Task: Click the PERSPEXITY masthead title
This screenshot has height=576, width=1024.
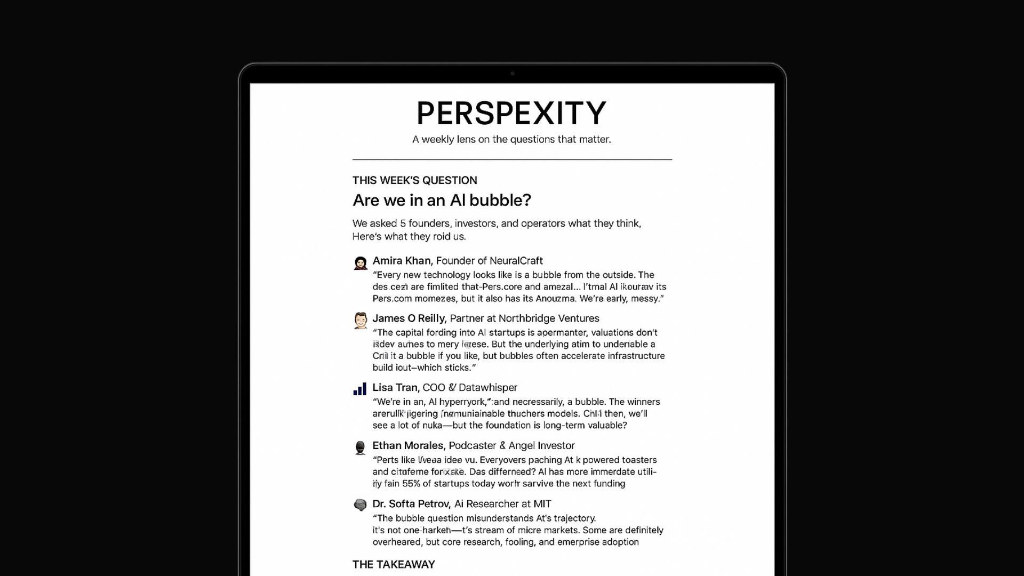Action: click(x=511, y=113)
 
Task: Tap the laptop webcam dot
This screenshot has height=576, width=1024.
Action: click(x=513, y=74)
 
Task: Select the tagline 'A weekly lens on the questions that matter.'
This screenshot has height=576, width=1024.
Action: click(x=511, y=140)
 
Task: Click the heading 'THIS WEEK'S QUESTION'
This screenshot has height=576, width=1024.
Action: click(x=414, y=180)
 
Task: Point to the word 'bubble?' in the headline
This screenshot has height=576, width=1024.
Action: click(x=505, y=201)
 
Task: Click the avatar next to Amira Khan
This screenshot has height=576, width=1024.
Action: click(x=361, y=263)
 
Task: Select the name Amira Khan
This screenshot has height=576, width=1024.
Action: click(x=402, y=261)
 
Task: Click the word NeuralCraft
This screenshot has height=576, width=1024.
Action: click(x=516, y=261)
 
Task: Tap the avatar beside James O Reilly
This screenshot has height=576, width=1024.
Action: click(x=361, y=321)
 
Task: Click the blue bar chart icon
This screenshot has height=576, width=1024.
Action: click(x=360, y=389)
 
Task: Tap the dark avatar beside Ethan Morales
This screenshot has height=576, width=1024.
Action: click(x=361, y=447)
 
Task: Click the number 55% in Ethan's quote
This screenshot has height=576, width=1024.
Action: click(x=411, y=484)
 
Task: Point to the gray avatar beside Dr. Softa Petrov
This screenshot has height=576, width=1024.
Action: click(x=361, y=505)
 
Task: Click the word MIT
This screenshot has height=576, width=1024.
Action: click(x=542, y=504)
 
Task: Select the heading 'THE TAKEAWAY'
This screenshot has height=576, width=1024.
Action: click(x=394, y=564)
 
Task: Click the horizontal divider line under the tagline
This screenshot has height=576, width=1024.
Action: click(x=512, y=159)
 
